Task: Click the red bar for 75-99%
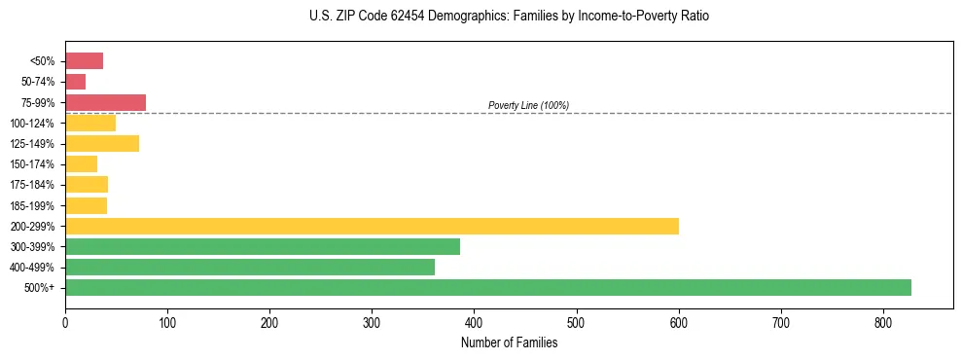pos(105,102)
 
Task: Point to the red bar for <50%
pos(84,61)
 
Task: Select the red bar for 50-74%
pos(75,82)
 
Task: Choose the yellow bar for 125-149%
pos(102,143)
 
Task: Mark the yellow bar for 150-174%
pos(81,163)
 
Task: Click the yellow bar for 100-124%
pos(90,123)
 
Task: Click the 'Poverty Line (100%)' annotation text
pos(528,105)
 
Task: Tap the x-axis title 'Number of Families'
pos(509,342)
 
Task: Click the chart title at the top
pos(509,17)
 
